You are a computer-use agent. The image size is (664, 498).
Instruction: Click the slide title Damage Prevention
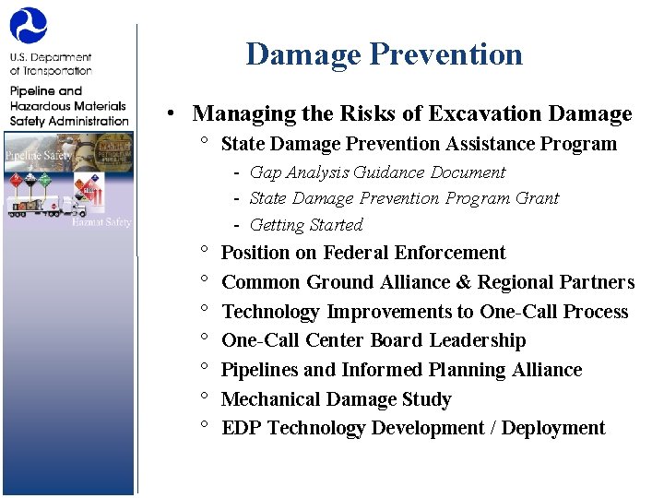(x=384, y=54)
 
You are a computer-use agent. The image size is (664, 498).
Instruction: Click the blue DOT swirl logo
(x=29, y=26)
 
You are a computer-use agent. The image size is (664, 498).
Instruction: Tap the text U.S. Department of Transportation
(x=51, y=64)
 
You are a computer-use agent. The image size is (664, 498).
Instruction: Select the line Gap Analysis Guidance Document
(x=377, y=172)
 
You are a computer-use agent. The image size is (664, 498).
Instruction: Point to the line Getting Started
(x=306, y=225)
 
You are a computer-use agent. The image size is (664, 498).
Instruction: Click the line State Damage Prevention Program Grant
(x=404, y=198)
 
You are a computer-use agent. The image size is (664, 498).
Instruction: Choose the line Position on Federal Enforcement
(x=363, y=253)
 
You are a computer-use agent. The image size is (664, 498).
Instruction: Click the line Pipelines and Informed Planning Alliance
(x=401, y=370)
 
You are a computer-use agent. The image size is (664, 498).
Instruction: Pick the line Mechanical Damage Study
(x=336, y=399)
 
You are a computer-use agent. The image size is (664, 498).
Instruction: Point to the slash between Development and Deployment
(x=492, y=428)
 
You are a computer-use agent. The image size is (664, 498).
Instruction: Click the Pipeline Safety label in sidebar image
(x=38, y=156)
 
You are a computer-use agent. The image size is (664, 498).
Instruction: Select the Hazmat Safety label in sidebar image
(x=102, y=221)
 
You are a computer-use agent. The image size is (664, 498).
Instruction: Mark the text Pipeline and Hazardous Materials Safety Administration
(x=69, y=106)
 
